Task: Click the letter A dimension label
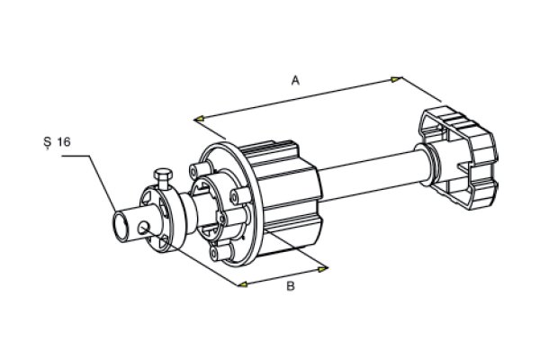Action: pyautogui.click(x=295, y=81)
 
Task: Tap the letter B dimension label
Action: pyautogui.click(x=291, y=285)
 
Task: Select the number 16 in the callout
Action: pyautogui.click(x=64, y=141)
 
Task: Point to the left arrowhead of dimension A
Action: pyautogui.click(x=199, y=119)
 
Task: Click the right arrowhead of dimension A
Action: pyautogui.click(x=396, y=79)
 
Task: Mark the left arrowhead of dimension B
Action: pyautogui.click(x=242, y=284)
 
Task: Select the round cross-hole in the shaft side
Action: pyautogui.click(x=144, y=227)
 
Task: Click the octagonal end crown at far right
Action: pyautogui.click(x=458, y=157)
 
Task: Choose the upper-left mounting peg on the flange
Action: pyautogui.click(x=199, y=170)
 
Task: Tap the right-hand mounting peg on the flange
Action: pyautogui.click(x=239, y=195)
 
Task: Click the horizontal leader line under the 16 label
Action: pyautogui.click(x=76, y=156)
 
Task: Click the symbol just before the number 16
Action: pyautogui.click(x=47, y=142)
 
